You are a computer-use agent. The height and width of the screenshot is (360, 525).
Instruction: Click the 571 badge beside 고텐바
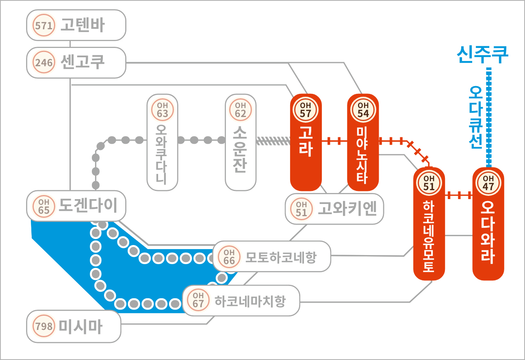coord(43,25)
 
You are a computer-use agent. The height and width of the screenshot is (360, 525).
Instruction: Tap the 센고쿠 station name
coord(82,62)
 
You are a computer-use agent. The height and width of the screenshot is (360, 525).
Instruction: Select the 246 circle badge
coord(43,62)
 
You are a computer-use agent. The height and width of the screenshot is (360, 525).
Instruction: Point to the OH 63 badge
coord(163,110)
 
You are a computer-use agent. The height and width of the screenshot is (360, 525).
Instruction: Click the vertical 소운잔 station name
coord(240,149)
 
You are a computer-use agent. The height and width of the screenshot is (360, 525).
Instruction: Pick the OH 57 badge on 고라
coord(306,110)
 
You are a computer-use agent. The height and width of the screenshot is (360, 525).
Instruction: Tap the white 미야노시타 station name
coord(362,155)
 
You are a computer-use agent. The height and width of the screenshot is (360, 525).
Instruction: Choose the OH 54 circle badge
coord(363,110)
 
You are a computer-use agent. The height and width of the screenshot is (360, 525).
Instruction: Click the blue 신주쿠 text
coord(483,55)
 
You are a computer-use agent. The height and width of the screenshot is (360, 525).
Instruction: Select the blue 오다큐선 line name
coord(476,117)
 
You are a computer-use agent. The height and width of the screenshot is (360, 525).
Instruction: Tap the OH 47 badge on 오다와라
coord(488,183)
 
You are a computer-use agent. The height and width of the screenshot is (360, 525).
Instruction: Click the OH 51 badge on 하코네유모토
coord(429,183)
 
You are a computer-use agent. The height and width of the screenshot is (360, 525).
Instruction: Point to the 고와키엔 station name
coord(347,208)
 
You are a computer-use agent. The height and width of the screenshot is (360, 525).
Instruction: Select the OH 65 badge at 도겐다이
coord(43,206)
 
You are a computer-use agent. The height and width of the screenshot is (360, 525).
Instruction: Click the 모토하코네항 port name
coord(281,257)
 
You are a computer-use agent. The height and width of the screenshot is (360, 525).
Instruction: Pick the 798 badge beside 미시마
coord(43,326)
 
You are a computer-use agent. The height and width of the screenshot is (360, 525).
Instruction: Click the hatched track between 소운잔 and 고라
coord(273,141)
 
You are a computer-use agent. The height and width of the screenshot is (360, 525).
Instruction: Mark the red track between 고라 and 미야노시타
coord(334,141)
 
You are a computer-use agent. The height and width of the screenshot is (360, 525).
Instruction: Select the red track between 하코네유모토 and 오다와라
coord(459,195)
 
